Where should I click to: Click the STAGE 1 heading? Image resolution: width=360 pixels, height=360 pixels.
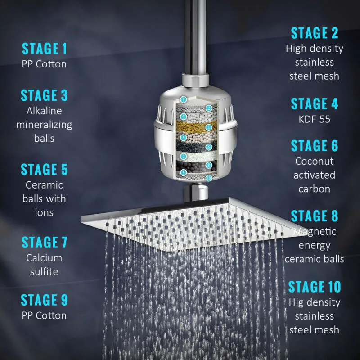coord(44,49)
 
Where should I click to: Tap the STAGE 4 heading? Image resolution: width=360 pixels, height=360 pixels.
coord(315,103)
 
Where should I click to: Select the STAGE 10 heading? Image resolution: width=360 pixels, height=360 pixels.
coord(315,287)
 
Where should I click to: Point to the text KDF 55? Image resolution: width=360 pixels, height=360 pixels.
coord(314,119)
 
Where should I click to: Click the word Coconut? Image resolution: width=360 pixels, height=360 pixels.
coord(314,161)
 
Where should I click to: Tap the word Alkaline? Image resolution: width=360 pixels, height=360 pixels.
coord(44,111)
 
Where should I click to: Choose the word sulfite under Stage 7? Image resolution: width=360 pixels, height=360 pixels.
coord(44,272)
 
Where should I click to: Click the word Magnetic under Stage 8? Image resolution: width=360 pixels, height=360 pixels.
coord(315,231)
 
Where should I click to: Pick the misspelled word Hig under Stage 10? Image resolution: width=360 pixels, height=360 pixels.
coord(297,302)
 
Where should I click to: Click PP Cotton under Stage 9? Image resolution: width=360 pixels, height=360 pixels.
coord(44,315)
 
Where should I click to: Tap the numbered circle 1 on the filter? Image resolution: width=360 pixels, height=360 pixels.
coord(183,99)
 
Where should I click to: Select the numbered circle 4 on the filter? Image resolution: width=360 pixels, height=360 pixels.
coord(208,127)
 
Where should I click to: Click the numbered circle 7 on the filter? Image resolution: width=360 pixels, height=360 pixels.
coord(183,157)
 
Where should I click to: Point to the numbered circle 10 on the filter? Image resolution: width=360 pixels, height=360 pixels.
coord(208,178)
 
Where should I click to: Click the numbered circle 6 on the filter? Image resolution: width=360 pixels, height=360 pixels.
coord(208,147)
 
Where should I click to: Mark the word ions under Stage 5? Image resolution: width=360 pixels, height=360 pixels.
coord(44,212)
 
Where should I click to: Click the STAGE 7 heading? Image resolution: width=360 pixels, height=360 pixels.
coord(44,242)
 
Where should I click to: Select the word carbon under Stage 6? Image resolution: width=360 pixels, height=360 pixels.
coord(314,189)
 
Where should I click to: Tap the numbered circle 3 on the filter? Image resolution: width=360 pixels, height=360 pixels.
coord(183,117)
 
